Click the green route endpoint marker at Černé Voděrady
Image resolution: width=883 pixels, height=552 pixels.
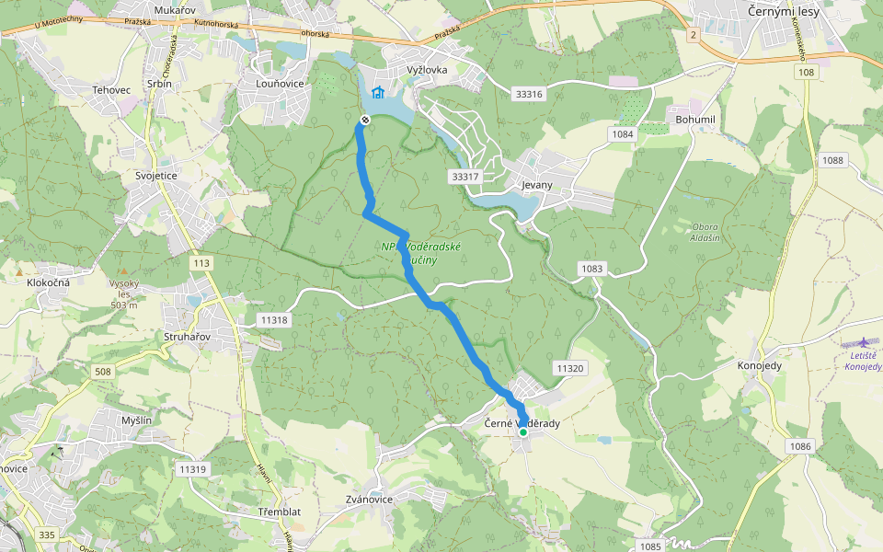522,431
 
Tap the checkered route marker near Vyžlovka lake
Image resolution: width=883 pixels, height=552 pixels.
365,120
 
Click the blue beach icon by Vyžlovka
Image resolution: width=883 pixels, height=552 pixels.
377,92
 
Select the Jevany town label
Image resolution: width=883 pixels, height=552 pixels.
536,185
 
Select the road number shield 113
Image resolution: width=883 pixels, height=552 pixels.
201,263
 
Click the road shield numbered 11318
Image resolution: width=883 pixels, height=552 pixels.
274,320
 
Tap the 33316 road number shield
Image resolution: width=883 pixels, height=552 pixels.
530,94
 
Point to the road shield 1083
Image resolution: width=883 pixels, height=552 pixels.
592,269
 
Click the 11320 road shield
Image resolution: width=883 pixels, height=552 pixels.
569,368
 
